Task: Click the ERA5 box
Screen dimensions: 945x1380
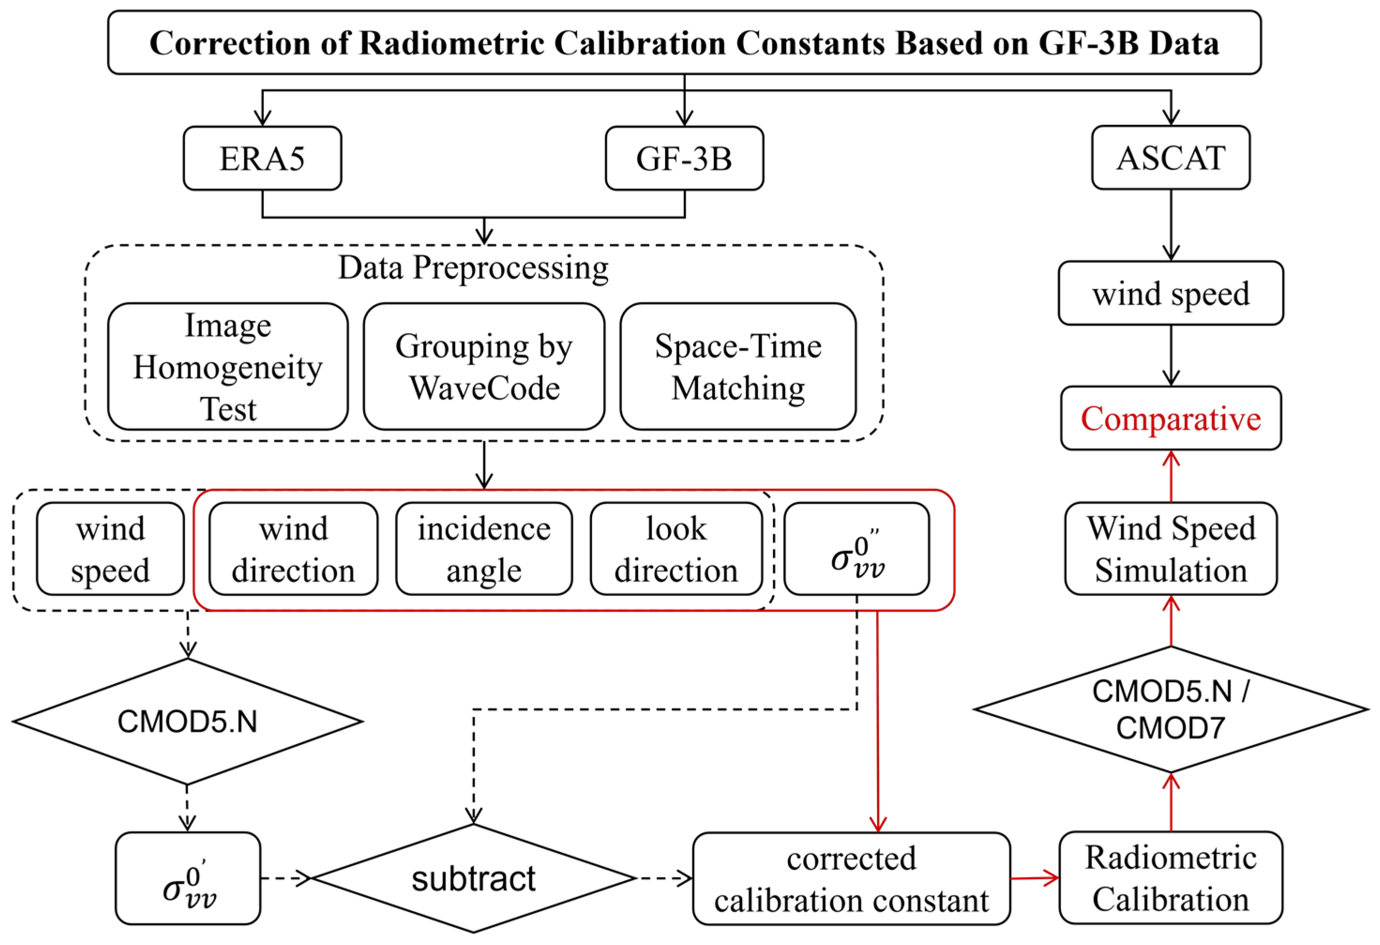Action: [x=262, y=158]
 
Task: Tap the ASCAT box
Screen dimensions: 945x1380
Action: [x=1170, y=158]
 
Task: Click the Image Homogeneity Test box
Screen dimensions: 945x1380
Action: [x=227, y=366]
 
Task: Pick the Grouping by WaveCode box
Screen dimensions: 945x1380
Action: [x=484, y=366]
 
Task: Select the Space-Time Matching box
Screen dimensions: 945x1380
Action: [x=738, y=366]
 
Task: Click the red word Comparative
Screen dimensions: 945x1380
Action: [x=1170, y=419]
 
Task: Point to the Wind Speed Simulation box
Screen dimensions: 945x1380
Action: [x=1170, y=549]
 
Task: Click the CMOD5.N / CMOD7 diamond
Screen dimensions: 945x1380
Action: [x=1170, y=709]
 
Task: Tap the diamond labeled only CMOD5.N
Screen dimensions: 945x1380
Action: [x=187, y=722]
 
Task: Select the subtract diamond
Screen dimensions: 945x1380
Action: [x=473, y=878]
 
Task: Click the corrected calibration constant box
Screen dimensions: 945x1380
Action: [x=851, y=878]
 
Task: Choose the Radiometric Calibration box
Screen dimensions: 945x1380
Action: [x=1170, y=878]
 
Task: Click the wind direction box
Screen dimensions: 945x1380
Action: [x=293, y=549]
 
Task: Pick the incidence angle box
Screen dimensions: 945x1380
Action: [x=484, y=549]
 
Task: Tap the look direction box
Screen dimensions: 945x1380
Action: [x=676, y=549]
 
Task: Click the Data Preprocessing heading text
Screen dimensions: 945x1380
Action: [x=473, y=267]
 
